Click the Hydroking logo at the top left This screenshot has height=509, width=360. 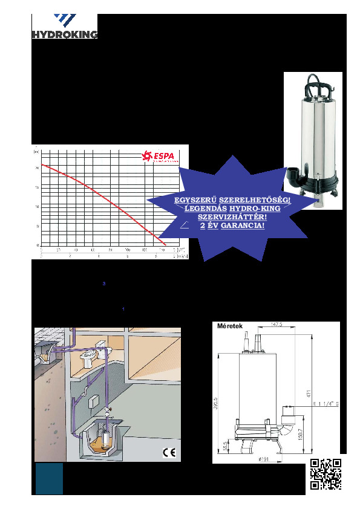[x=64, y=27]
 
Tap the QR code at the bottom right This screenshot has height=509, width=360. [x=325, y=473]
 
